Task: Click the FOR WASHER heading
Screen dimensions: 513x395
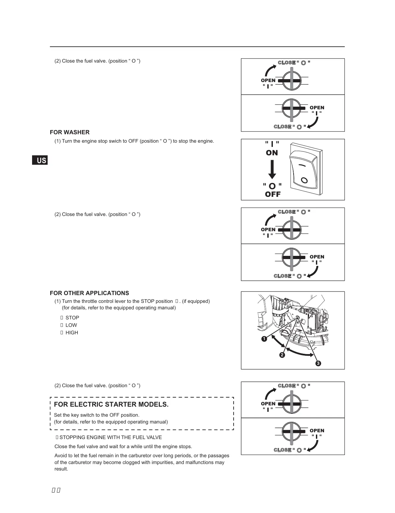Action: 69,132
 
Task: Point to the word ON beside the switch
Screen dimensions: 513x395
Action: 272,153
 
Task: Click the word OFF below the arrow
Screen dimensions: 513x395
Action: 273,194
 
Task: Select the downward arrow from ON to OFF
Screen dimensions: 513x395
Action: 272,169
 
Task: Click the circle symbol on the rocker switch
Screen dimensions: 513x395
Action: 304,180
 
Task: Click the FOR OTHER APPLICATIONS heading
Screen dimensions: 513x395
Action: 89,293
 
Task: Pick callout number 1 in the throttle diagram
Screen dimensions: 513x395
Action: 264,339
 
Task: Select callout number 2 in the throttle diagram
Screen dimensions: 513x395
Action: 282,355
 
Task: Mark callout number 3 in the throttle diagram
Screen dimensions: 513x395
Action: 318,364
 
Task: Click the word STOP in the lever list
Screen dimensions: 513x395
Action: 72,318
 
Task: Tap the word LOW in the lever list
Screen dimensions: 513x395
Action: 71,325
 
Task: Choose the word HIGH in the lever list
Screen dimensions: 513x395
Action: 72,333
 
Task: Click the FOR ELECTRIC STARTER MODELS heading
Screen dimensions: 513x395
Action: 111,404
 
